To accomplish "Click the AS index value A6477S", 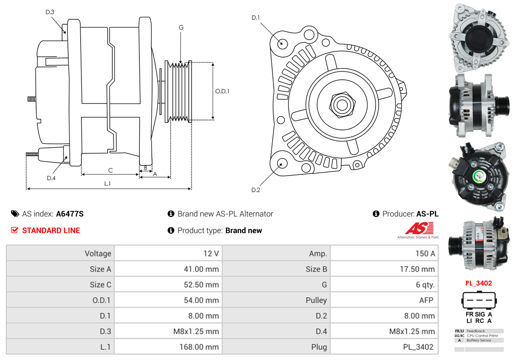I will [69, 214].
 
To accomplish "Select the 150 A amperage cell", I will [425, 254].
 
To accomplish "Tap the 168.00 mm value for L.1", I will [199, 347].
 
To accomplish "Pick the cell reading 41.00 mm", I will [201, 269].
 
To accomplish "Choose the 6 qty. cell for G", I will [425, 285].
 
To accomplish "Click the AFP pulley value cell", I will [426, 300].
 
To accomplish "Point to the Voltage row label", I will [98, 254].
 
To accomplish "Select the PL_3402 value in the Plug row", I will [418, 347].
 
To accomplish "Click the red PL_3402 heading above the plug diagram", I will [478, 283].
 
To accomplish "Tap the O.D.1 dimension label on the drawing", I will [222, 91].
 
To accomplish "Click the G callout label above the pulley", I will [181, 28].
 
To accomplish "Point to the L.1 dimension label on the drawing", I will [107, 184].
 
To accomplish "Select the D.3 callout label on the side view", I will [50, 12].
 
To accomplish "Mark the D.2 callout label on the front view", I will [256, 190].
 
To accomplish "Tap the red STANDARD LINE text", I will [51, 231].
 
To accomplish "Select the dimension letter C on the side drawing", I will [110, 170].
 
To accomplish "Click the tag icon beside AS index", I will [15, 214].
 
